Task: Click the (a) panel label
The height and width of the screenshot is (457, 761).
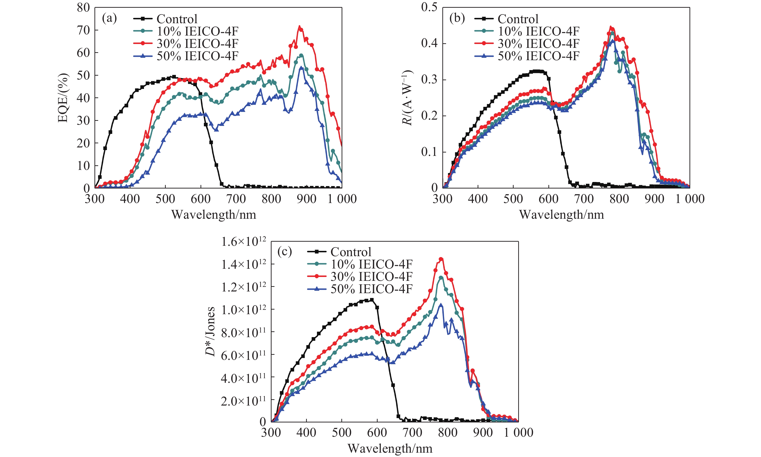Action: pos(109,18)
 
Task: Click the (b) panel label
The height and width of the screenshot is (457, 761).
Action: pos(457,18)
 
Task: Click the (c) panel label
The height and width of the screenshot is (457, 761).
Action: pos(284,252)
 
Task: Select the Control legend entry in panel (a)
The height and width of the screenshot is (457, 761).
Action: pos(177,19)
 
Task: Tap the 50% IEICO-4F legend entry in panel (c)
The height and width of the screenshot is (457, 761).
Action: pos(371,289)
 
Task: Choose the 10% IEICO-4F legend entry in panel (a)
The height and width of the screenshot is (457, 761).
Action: pos(197,31)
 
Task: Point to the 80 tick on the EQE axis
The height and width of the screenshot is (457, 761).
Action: pos(83,8)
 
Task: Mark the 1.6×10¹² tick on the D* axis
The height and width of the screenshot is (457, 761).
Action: pos(244,242)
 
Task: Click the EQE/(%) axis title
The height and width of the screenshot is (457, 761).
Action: pos(63,98)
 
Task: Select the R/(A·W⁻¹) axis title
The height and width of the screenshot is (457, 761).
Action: pos(407,98)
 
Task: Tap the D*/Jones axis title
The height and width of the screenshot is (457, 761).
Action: pos(210,331)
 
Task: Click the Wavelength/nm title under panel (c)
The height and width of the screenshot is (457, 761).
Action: pos(390,448)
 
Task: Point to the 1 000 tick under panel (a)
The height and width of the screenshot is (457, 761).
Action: pos(342,199)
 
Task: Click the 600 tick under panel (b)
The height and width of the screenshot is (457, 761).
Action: pos(548,199)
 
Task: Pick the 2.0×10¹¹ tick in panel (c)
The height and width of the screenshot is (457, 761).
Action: pos(244,401)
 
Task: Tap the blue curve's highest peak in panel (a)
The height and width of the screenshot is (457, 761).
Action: pos(302,67)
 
